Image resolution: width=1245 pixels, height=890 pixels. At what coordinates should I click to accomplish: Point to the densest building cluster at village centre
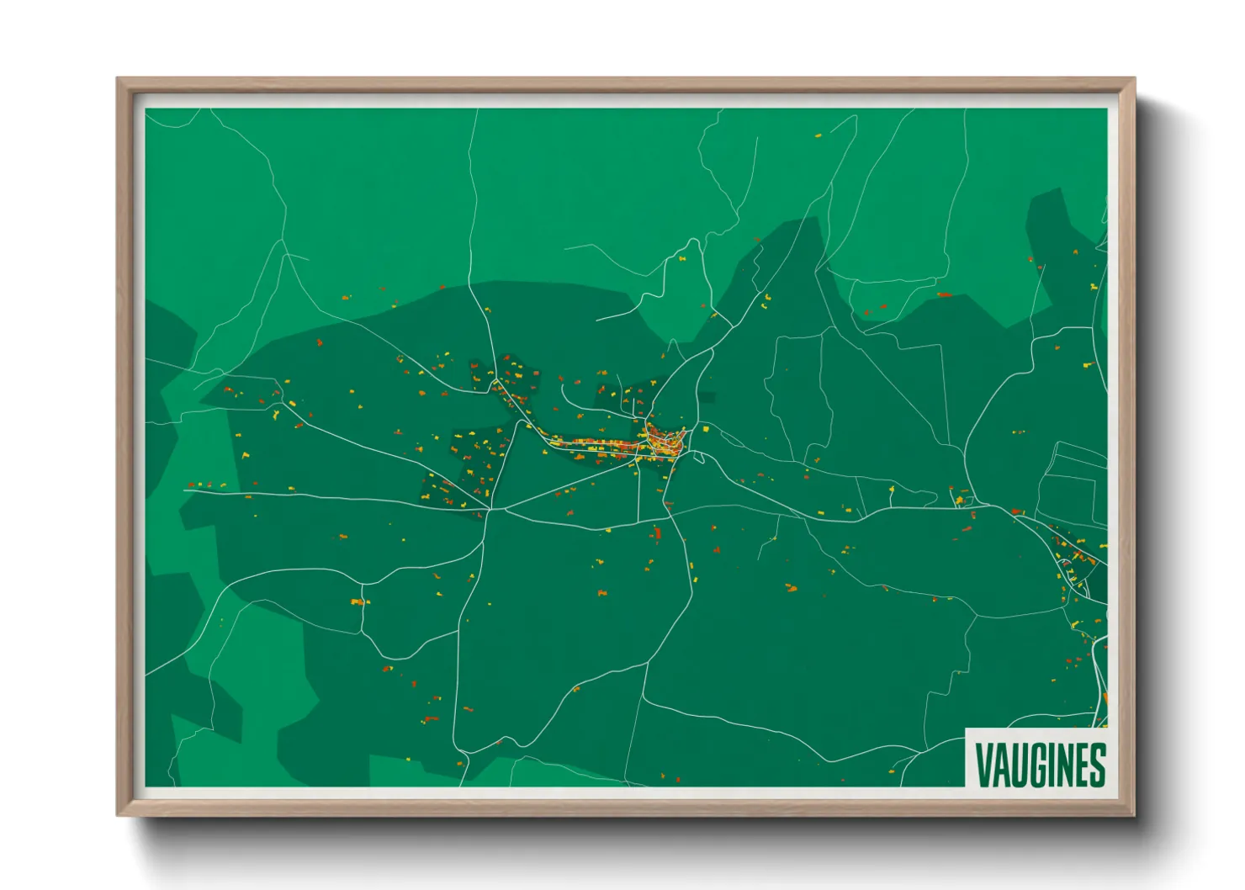[665, 442]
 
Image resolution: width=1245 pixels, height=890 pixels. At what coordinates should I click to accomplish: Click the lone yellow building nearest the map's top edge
[818, 135]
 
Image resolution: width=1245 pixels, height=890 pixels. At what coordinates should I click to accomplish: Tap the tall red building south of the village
[657, 532]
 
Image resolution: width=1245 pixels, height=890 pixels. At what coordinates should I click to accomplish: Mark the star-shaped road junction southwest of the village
[489, 509]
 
